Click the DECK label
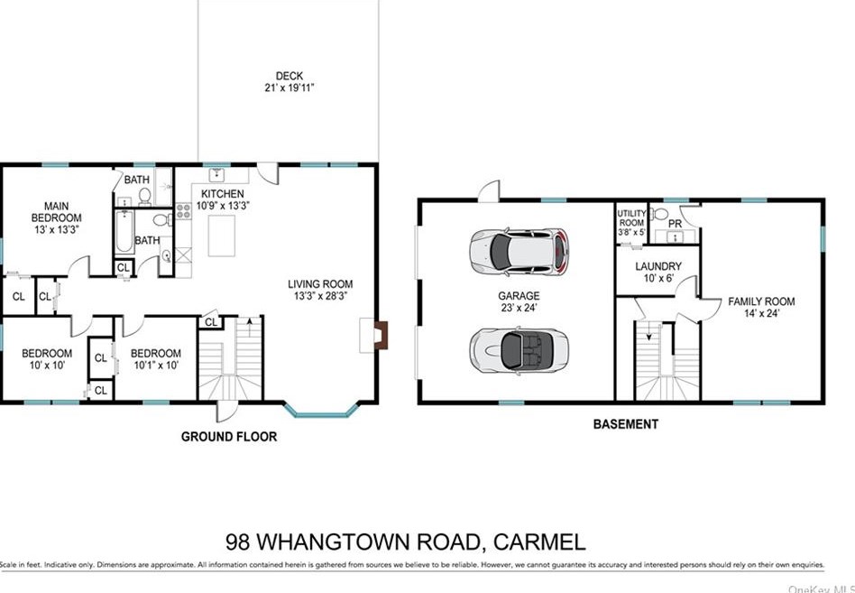click(290, 76)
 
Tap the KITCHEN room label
click(222, 194)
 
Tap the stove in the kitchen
click(183, 211)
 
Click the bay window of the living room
click(320, 412)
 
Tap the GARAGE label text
click(520, 295)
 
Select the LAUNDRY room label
click(657, 266)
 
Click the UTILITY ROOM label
click(631, 218)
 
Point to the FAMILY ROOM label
click(761, 301)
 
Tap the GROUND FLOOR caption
click(229, 437)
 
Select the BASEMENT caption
click(625, 424)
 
